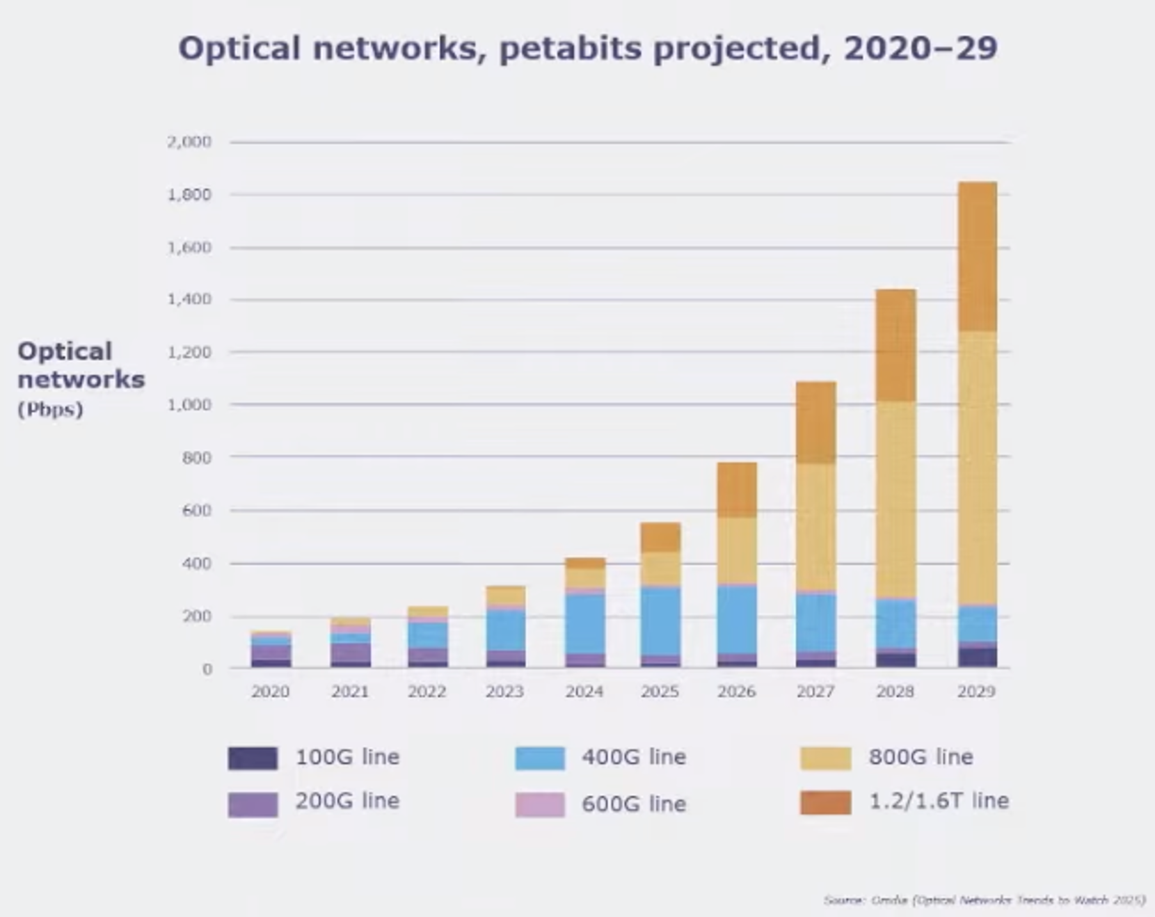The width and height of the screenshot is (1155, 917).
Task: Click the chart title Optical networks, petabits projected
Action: [588, 49]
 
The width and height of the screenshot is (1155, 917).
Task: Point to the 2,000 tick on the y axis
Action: [189, 142]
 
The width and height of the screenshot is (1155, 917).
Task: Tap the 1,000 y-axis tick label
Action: [189, 405]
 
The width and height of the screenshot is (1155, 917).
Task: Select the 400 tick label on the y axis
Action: [196, 563]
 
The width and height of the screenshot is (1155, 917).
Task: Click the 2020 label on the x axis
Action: [271, 692]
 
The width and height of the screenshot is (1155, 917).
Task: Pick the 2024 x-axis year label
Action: [584, 692]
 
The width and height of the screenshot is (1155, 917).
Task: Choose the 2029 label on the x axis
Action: [976, 692]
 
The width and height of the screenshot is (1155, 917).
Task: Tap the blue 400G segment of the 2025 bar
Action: [660, 621]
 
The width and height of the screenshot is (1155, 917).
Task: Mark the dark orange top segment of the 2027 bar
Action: [815, 422]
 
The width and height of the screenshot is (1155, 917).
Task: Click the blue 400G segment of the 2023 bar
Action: [505, 630]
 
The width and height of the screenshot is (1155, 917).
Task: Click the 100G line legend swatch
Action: [253, 758]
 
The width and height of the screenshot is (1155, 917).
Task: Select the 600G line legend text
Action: [634, 804]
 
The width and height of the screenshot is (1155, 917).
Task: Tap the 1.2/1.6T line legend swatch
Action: [825, 802]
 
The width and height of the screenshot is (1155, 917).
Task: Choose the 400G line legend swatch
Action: [539, 758]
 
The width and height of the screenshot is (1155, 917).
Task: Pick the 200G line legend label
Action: [347, 802]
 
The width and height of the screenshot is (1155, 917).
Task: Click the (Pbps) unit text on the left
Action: [50, 409]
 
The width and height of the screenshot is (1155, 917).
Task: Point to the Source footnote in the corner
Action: [984, 900]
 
